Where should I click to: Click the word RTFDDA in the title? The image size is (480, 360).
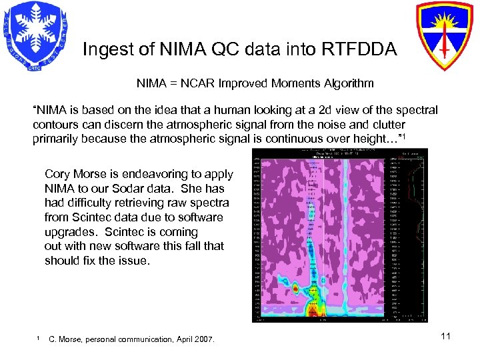coord(364,49)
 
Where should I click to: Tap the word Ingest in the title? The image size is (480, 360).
coord(104,49)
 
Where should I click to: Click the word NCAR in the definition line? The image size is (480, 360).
coord(199,84)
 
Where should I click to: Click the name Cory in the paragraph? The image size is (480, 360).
coord(57,174)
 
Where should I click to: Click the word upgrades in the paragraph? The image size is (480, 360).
coord(67,232)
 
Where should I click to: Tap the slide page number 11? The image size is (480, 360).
coord(445,336)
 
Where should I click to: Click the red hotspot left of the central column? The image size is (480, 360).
coord(295,288)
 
